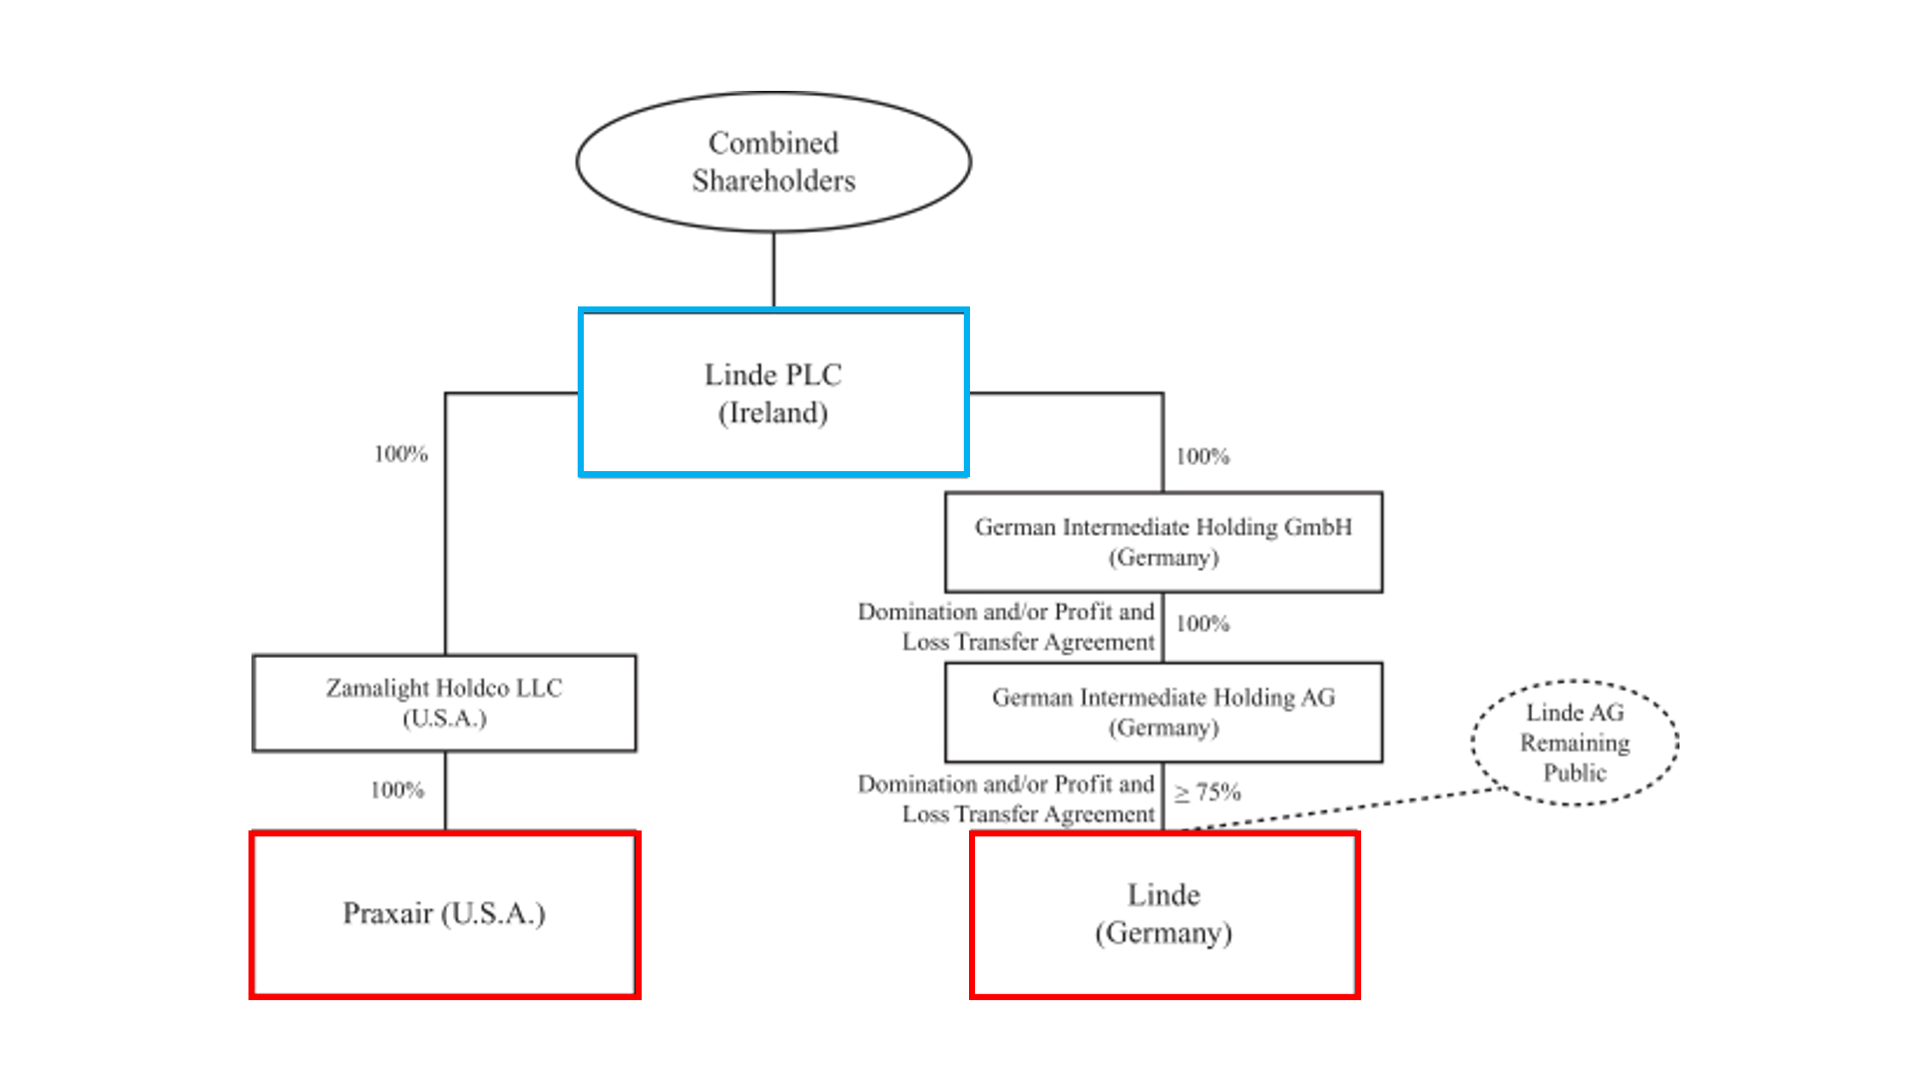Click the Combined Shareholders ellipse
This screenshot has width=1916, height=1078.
coord(773,162)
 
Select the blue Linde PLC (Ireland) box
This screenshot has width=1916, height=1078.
coord(773,392)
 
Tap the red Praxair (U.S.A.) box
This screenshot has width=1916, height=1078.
coord(444,914)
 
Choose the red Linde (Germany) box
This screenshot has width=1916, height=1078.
coord(1164,914)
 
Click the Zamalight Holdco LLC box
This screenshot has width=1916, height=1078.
coord(444,703)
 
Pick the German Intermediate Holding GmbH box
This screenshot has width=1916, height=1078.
coord(1164,541)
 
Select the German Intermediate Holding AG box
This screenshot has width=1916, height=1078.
coord(1164,712)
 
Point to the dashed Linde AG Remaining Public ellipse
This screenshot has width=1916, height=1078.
coord(1575,743)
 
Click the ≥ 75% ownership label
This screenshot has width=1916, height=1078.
coord(1207,793)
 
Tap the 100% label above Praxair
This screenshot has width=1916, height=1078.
coord(397,791)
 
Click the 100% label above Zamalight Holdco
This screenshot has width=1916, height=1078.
coord(401,454)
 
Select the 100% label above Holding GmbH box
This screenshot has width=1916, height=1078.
coord(1202,457)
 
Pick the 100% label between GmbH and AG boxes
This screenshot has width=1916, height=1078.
coord(1202,624)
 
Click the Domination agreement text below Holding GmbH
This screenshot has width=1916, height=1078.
coord(1006,627)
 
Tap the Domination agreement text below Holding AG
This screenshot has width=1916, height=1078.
coord(1006,800)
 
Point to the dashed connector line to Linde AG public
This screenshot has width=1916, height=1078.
coord(1347,808)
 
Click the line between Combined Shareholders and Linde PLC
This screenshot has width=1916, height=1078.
coord(773,269)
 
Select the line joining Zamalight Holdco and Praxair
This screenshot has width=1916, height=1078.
coord(445,791)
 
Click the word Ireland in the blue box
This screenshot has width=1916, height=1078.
coord(773,413)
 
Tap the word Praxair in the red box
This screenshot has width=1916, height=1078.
coord(387,913)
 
